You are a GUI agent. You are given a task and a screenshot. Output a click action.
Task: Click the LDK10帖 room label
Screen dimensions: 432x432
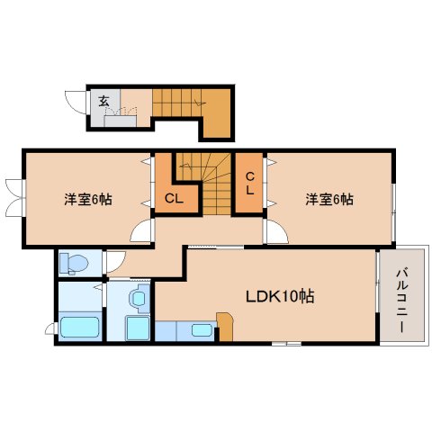pyautogui.click(x=281, y=295)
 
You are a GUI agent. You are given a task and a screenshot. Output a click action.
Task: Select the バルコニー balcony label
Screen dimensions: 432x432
pyautogui.click(x=400, y=293)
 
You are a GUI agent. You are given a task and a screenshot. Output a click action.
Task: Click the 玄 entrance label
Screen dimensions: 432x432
pyautogui.click(x=103, y=101)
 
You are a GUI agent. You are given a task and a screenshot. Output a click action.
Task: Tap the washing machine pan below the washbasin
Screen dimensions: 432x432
pyautogui.click(x=137, y=327)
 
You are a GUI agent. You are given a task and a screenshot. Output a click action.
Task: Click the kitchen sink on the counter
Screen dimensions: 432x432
pyautogui.click(x=201, y=329)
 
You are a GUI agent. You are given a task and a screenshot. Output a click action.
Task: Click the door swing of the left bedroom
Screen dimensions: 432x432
pyautogui.click(x=141, y=231)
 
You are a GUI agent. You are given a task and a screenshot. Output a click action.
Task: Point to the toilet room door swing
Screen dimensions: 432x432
pyautogui.click(x=114, y=264)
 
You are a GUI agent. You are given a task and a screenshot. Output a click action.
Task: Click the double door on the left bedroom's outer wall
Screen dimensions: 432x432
pyautogui.click(x=13, y=199)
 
